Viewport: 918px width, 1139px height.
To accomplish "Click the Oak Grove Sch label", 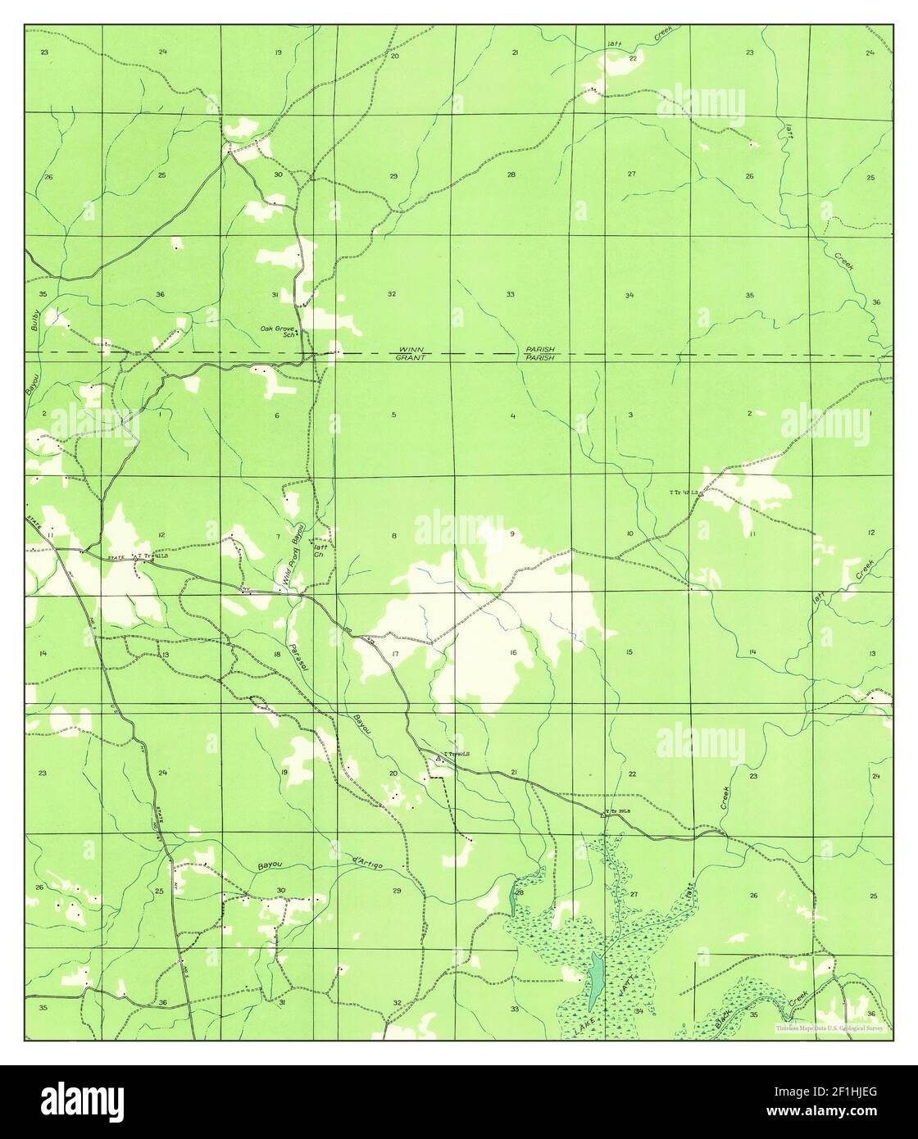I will point(277,331).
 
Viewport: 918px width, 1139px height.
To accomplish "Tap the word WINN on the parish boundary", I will point(408,350).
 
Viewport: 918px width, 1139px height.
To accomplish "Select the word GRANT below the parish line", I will point(408,358).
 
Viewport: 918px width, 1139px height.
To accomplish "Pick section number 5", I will point(393,415).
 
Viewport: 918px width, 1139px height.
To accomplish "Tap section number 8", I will point(393,536).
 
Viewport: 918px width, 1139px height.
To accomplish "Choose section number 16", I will point(513,652).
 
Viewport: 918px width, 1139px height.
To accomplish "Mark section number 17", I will point(395,653).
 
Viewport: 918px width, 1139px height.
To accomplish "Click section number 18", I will point(277,654).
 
